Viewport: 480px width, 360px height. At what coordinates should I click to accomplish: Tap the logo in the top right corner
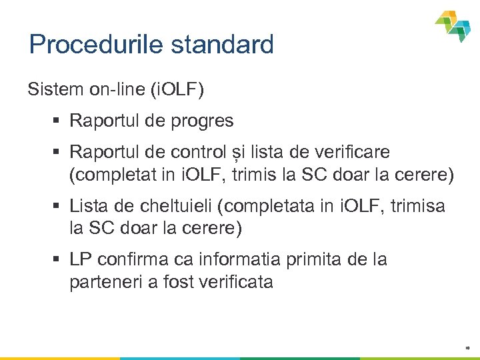453,25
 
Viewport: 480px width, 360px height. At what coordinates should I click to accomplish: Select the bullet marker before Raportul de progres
58,121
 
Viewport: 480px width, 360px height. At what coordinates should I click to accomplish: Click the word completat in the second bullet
108,175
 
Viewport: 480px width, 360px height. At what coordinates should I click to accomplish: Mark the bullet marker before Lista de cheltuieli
58,207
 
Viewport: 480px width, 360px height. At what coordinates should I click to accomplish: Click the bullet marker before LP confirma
58,259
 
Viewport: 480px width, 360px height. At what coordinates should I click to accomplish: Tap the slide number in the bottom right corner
466,347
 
